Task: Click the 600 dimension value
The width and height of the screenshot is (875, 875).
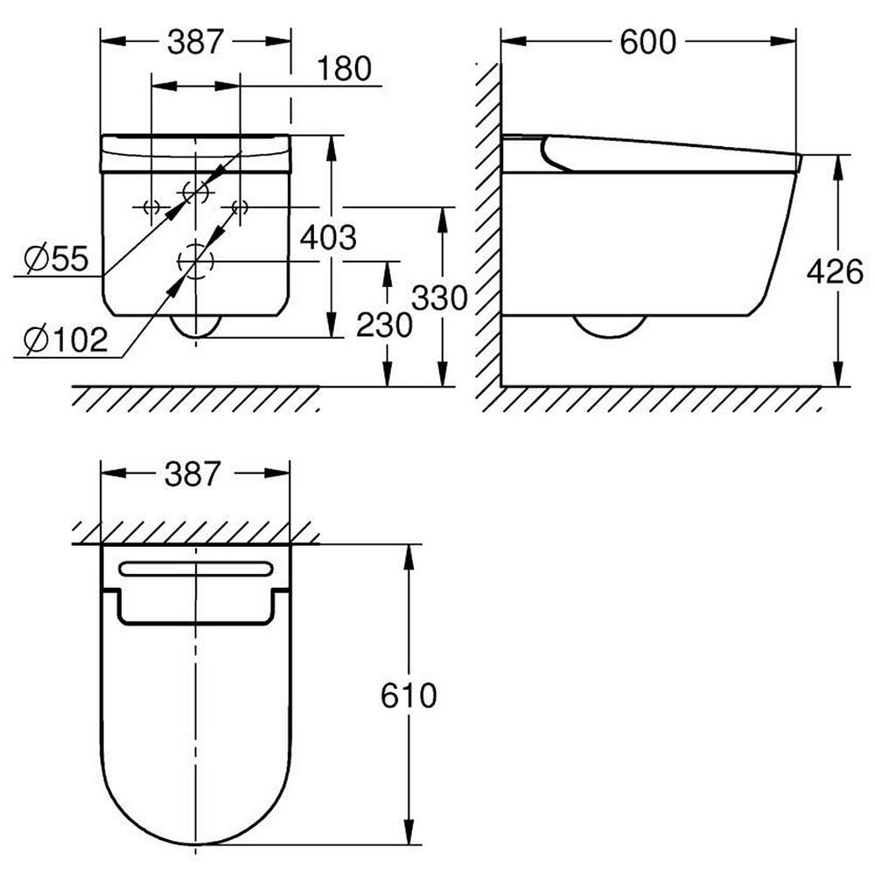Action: (648, 41)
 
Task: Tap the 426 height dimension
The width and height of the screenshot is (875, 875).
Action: (835, 272)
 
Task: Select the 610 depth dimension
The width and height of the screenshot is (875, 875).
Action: (409, 696)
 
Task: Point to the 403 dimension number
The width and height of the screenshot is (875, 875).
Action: (328, 236)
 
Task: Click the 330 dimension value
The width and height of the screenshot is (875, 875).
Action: (439, 298)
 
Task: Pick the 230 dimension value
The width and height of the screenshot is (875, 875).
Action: (384, 325)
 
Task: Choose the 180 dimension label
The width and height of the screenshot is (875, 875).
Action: (345, 68)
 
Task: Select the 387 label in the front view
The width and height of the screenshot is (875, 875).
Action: (195, 41)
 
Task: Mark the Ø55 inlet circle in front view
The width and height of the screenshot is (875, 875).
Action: (196, 190)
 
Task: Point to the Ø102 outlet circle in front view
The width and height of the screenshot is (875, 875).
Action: (196, 260)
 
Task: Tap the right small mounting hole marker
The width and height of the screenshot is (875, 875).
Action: (239, 206)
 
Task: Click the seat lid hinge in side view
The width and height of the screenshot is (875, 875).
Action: (554, 154)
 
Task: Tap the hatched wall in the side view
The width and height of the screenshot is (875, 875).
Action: (487, 227)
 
